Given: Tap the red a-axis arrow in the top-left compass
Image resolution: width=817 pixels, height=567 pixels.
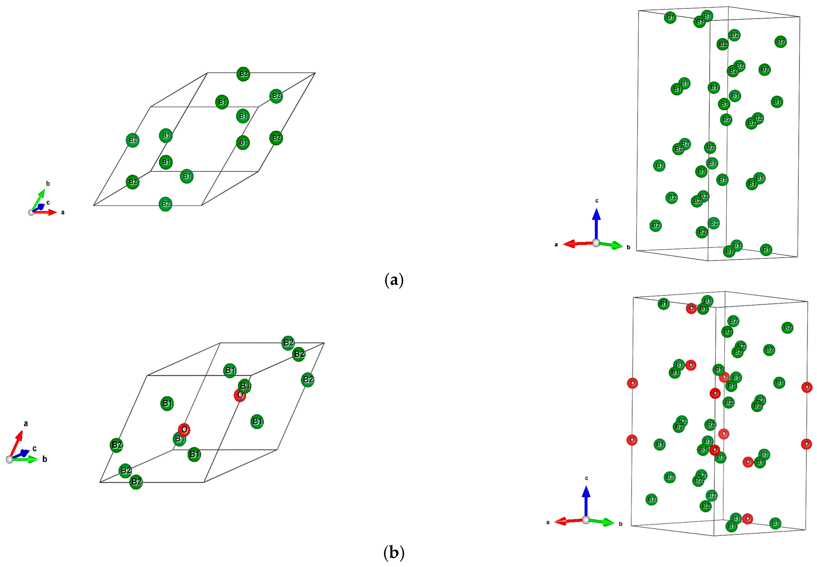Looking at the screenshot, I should [48, 212].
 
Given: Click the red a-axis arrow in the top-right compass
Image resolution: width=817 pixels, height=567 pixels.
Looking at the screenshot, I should [575, 244].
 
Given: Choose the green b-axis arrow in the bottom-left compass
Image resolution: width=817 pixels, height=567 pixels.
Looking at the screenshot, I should [27, 459].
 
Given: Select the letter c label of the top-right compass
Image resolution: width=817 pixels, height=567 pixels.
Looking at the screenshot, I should [597, 201].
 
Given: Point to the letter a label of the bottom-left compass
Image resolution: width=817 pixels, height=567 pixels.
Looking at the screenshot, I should [26, 423].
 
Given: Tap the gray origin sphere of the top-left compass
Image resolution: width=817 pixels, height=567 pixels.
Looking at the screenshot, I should [31, 212].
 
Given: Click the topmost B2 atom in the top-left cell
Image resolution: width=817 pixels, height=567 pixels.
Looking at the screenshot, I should [243, 74].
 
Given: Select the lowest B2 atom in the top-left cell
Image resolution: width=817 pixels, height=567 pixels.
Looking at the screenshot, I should [165, 204].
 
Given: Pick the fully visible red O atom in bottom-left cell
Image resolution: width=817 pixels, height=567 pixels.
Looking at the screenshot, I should [184, 429].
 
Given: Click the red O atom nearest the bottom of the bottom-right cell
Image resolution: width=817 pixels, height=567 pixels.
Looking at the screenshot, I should [747, 519].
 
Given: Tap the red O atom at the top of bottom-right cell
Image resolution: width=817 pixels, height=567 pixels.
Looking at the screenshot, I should [691, 308].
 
